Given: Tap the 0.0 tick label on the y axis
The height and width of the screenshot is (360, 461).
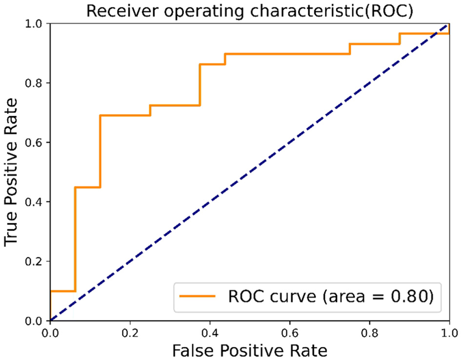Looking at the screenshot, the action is coord(36,321).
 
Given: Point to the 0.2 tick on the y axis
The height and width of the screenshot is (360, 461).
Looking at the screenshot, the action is coord(36,261).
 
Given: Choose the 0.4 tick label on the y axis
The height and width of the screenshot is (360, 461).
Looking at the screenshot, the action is coord(36,202).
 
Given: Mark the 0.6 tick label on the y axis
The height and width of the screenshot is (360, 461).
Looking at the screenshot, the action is coord(36,142).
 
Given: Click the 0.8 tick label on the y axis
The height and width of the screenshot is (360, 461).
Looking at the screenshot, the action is coord(36,83).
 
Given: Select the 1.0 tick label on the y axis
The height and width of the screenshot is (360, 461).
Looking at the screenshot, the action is coord(36,23).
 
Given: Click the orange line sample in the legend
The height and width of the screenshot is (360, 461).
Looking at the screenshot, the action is coord(197,296).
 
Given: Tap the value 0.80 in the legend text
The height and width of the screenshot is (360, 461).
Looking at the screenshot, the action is coord(412,296).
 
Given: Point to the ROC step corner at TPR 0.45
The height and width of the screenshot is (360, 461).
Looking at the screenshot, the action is coord(76,187).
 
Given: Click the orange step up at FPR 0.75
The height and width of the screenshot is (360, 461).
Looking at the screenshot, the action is coord(350,49).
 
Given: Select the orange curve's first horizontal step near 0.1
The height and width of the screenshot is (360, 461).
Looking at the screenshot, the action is coord(62,291).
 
